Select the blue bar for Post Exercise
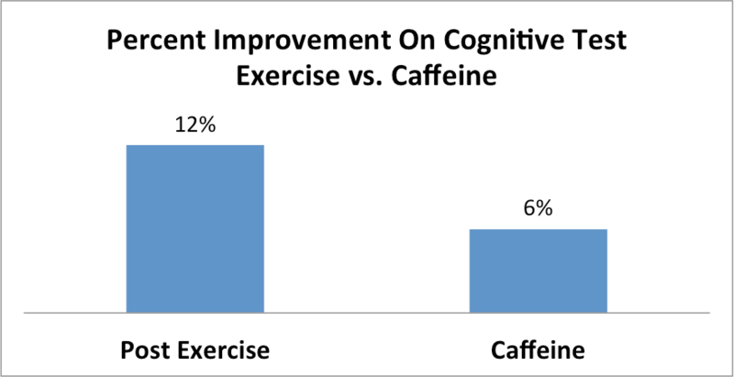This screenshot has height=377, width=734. [195, 229]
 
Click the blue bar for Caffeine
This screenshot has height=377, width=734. [539, 271]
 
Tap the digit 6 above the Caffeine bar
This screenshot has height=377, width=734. [530, 209]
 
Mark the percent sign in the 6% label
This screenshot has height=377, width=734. [544, 209]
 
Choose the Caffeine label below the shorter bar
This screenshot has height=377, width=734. [539, 350]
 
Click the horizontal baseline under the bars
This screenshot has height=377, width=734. [367, 313]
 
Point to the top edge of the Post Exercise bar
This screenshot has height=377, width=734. [195, 145]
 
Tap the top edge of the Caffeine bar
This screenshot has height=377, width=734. [539, 229]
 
